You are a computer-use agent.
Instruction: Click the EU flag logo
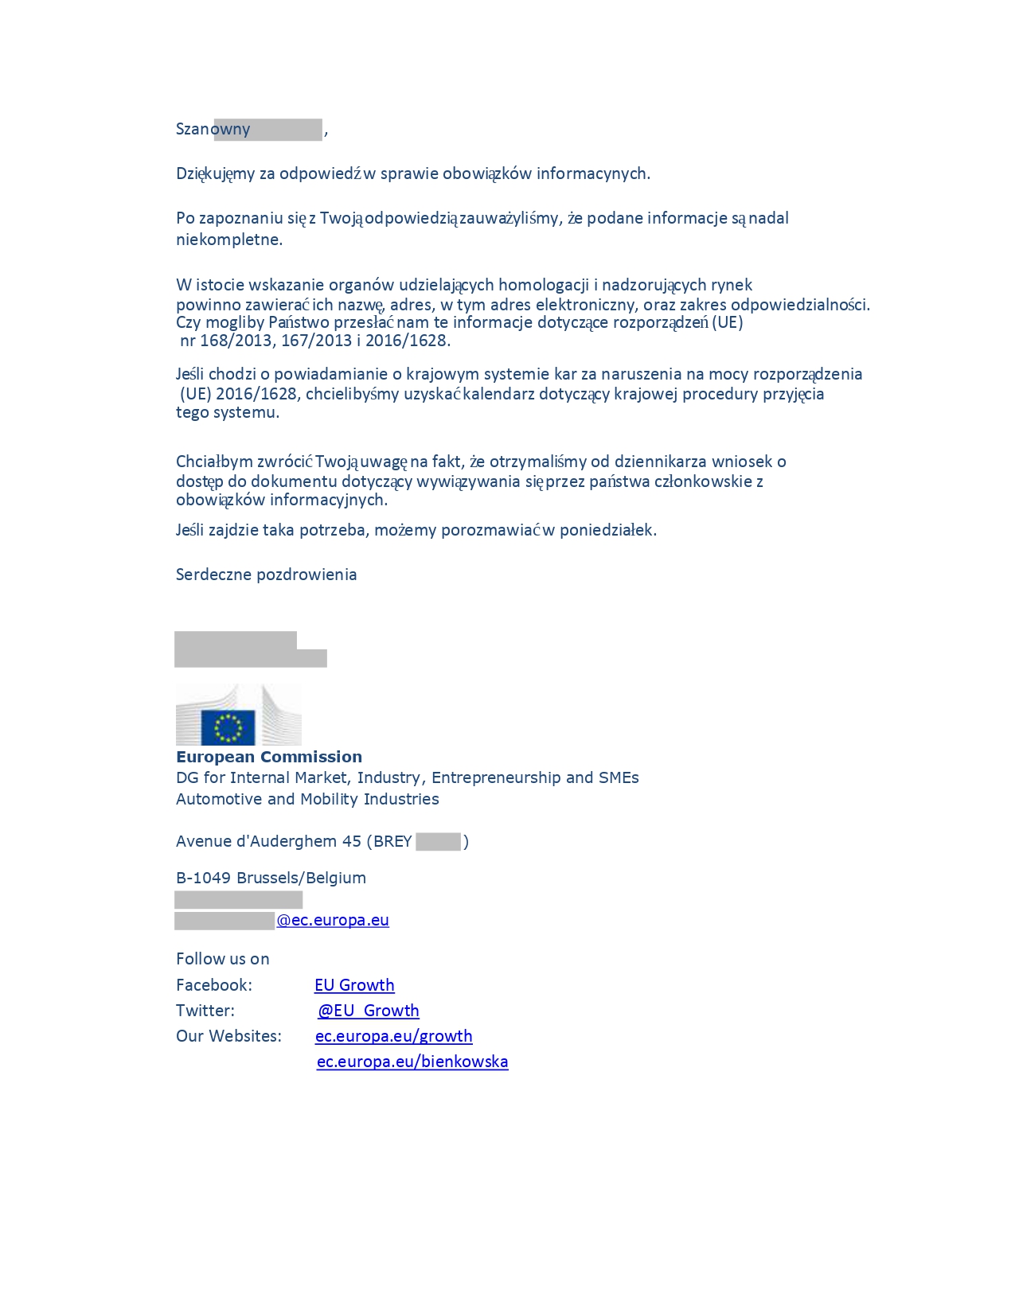[x=228, y=727]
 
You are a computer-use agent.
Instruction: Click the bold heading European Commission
[x=269, y=757]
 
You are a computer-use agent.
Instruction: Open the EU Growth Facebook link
[x=354, y=985]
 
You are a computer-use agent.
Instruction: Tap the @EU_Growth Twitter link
[x=369, y=1011]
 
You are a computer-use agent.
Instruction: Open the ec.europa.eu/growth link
[x=394, y=1036]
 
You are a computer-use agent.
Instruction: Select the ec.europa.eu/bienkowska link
[x=412, y=1062]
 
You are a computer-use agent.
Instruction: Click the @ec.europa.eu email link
[x=333, y=920]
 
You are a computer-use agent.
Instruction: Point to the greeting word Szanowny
[x=213, y=129]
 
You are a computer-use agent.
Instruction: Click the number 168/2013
[x=236, y=341]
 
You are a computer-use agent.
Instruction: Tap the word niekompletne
[x=228, y=240]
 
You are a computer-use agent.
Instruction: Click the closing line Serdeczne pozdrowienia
[x=266, y=575]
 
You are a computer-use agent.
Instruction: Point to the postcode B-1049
[x=202, y=878]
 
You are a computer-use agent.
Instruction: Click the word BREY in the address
[x=392, y=841]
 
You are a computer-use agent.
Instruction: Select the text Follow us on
[x=223, y=959]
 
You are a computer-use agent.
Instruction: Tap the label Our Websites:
[x=228, y=1036]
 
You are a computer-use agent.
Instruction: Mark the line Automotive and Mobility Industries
[x=307, y=799]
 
